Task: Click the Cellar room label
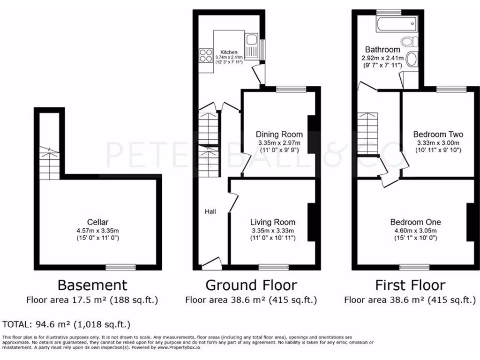[97, 222]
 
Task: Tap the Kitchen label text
[229, 52]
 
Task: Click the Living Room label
[273, 222]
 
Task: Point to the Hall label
[210, 212]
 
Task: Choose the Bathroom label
[382, 50]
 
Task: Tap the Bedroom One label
[416, 222]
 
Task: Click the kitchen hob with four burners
[205, 56]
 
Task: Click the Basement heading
[92, 285]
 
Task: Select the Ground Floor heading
[251, 285]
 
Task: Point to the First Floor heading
[410, 285]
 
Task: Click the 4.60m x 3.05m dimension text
[416, 231]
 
